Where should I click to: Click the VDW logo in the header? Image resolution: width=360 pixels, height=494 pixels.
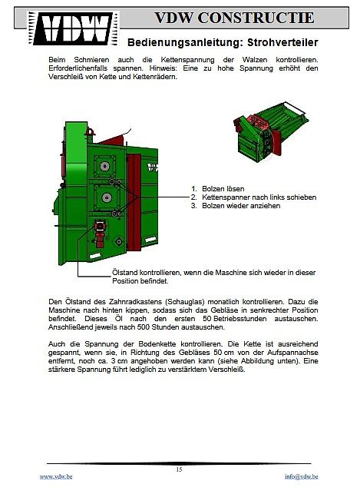73,28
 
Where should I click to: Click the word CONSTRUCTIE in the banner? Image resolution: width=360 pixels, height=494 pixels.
256,18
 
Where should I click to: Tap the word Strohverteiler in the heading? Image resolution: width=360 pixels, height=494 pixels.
282,42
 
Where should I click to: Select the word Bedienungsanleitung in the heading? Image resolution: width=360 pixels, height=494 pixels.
185,43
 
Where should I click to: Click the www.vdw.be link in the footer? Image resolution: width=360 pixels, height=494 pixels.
56,476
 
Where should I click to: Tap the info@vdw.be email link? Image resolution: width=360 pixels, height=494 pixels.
301,476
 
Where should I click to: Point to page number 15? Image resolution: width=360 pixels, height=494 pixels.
179,469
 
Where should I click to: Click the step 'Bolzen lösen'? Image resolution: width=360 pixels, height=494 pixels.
223,189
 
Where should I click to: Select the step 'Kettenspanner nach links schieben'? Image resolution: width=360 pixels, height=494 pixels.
259,197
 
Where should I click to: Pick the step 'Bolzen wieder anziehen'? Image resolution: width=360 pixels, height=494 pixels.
241,206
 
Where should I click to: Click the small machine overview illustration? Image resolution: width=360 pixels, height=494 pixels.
271,131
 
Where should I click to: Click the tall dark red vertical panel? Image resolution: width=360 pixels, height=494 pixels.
134,202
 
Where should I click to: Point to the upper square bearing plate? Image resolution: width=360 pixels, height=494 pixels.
104,166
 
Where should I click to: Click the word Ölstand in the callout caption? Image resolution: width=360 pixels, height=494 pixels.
124,273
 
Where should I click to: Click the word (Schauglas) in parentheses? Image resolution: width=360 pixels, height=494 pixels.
183,302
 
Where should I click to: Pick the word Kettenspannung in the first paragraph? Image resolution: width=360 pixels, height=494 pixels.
187,60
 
